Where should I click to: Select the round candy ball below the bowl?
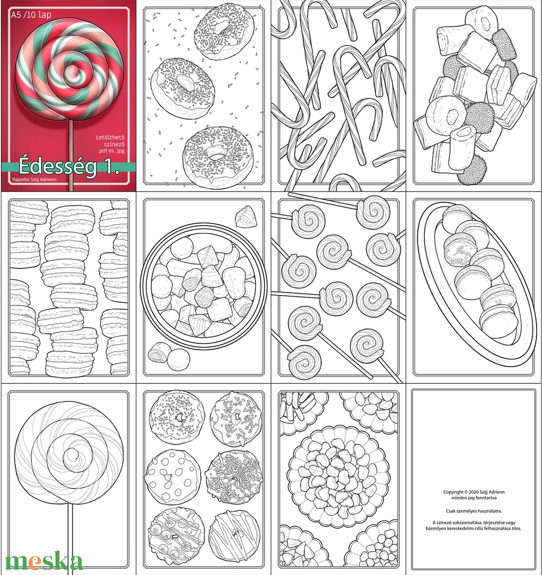[177, 359]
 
